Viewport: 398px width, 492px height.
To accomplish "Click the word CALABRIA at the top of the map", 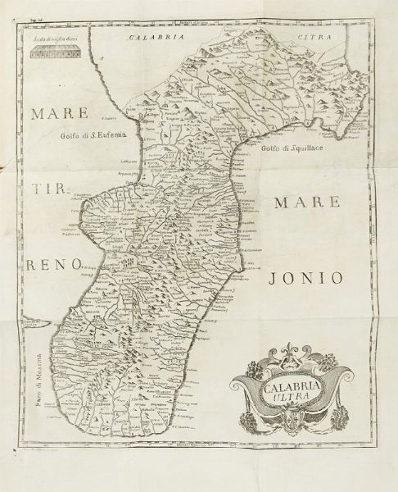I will point(147,37).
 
